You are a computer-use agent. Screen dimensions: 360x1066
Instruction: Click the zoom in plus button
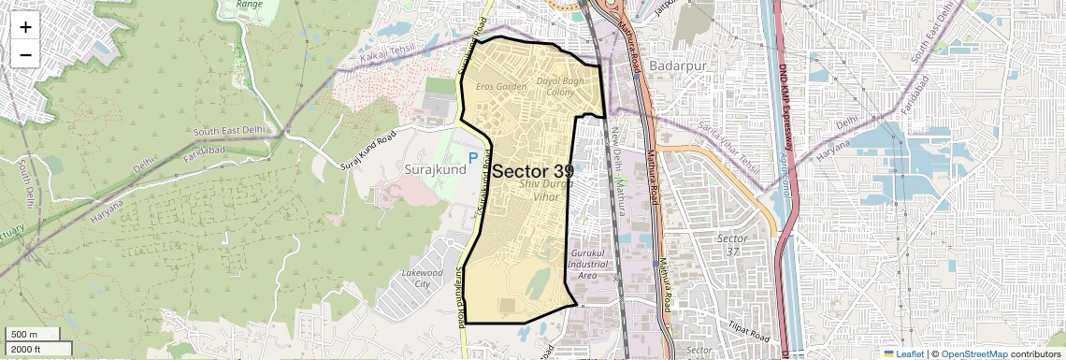(25, 26)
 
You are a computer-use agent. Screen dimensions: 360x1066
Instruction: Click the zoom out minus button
(25, 54)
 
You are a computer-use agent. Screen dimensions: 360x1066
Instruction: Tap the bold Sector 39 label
(532, 171)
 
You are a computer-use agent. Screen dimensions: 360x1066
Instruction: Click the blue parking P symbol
(473, 159)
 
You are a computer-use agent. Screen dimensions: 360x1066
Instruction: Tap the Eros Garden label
(501, 87)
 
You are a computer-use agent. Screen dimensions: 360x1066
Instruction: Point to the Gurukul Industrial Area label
(587, 265)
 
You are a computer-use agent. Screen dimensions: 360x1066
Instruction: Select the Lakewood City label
(421, 278)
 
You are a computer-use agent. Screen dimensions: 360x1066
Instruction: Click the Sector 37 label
(732, 245)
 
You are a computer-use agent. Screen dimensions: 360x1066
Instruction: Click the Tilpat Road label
(747, 330)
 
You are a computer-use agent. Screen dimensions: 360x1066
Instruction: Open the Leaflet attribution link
(903, 353)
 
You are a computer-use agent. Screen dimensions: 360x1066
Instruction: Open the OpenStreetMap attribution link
(973, 353)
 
